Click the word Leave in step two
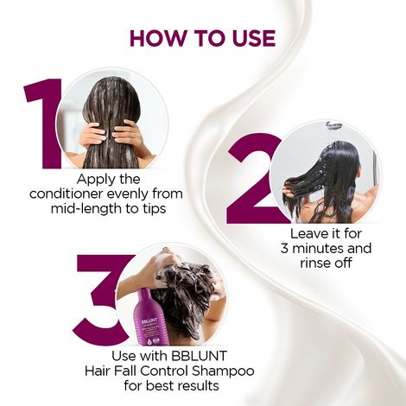click(305, 234)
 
